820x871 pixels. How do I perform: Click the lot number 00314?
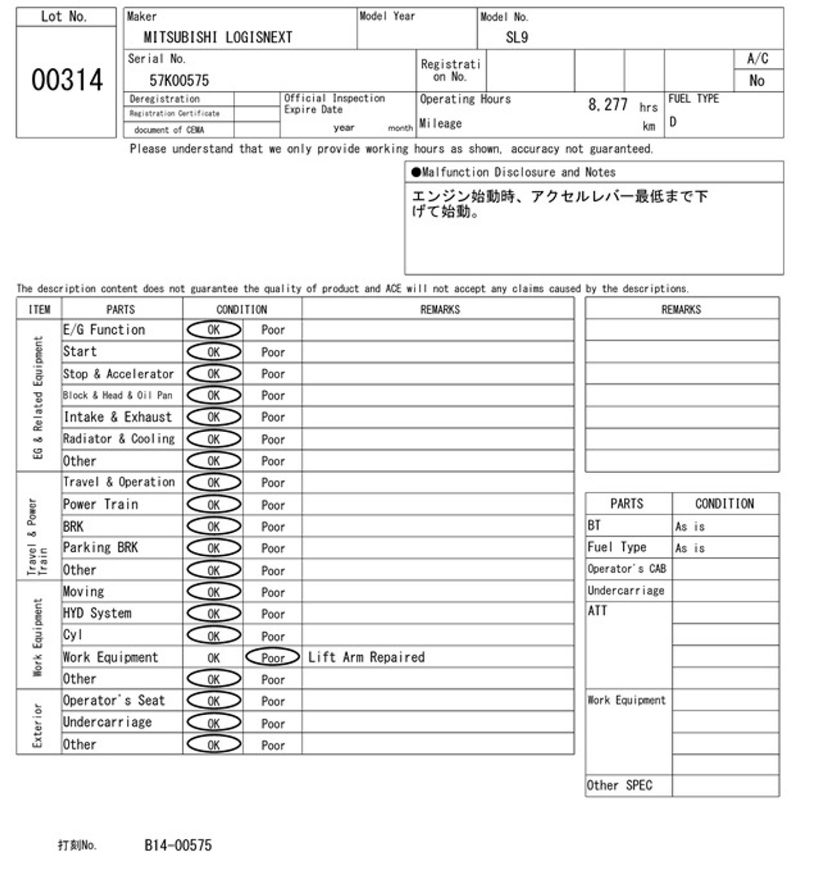[x=67, y=80]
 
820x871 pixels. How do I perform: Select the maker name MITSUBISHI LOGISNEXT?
[x=218, y=37]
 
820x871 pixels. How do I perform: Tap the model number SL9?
[x=517, y=37]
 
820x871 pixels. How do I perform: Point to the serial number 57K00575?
[x=179, y=81]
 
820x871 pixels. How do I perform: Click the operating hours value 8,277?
[x=607, y=104]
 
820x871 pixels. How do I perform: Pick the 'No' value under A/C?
[x=757, y=81]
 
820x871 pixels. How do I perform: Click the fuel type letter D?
[x=673, y=122]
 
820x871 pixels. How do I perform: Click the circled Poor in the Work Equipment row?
[x=273, y=657]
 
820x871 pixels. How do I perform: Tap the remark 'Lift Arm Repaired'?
[x=366, y=657]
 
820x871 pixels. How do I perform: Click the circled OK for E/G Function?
[x=214, y=330]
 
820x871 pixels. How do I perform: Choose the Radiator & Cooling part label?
[x=119, y=439]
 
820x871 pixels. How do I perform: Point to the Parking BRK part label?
[x=101, y=548]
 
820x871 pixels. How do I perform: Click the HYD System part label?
[x=97, y=613]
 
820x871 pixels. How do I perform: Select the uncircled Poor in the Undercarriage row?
[x=273, y=723]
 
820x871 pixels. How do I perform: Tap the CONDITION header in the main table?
[x=242, y=309]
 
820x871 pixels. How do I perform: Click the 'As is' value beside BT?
[x=690, y=526]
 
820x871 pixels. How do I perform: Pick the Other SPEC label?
[x=619, y=785]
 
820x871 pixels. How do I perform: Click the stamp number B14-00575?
[x=178, y=845]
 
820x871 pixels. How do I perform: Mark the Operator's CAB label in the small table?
[x=626, y=569]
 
